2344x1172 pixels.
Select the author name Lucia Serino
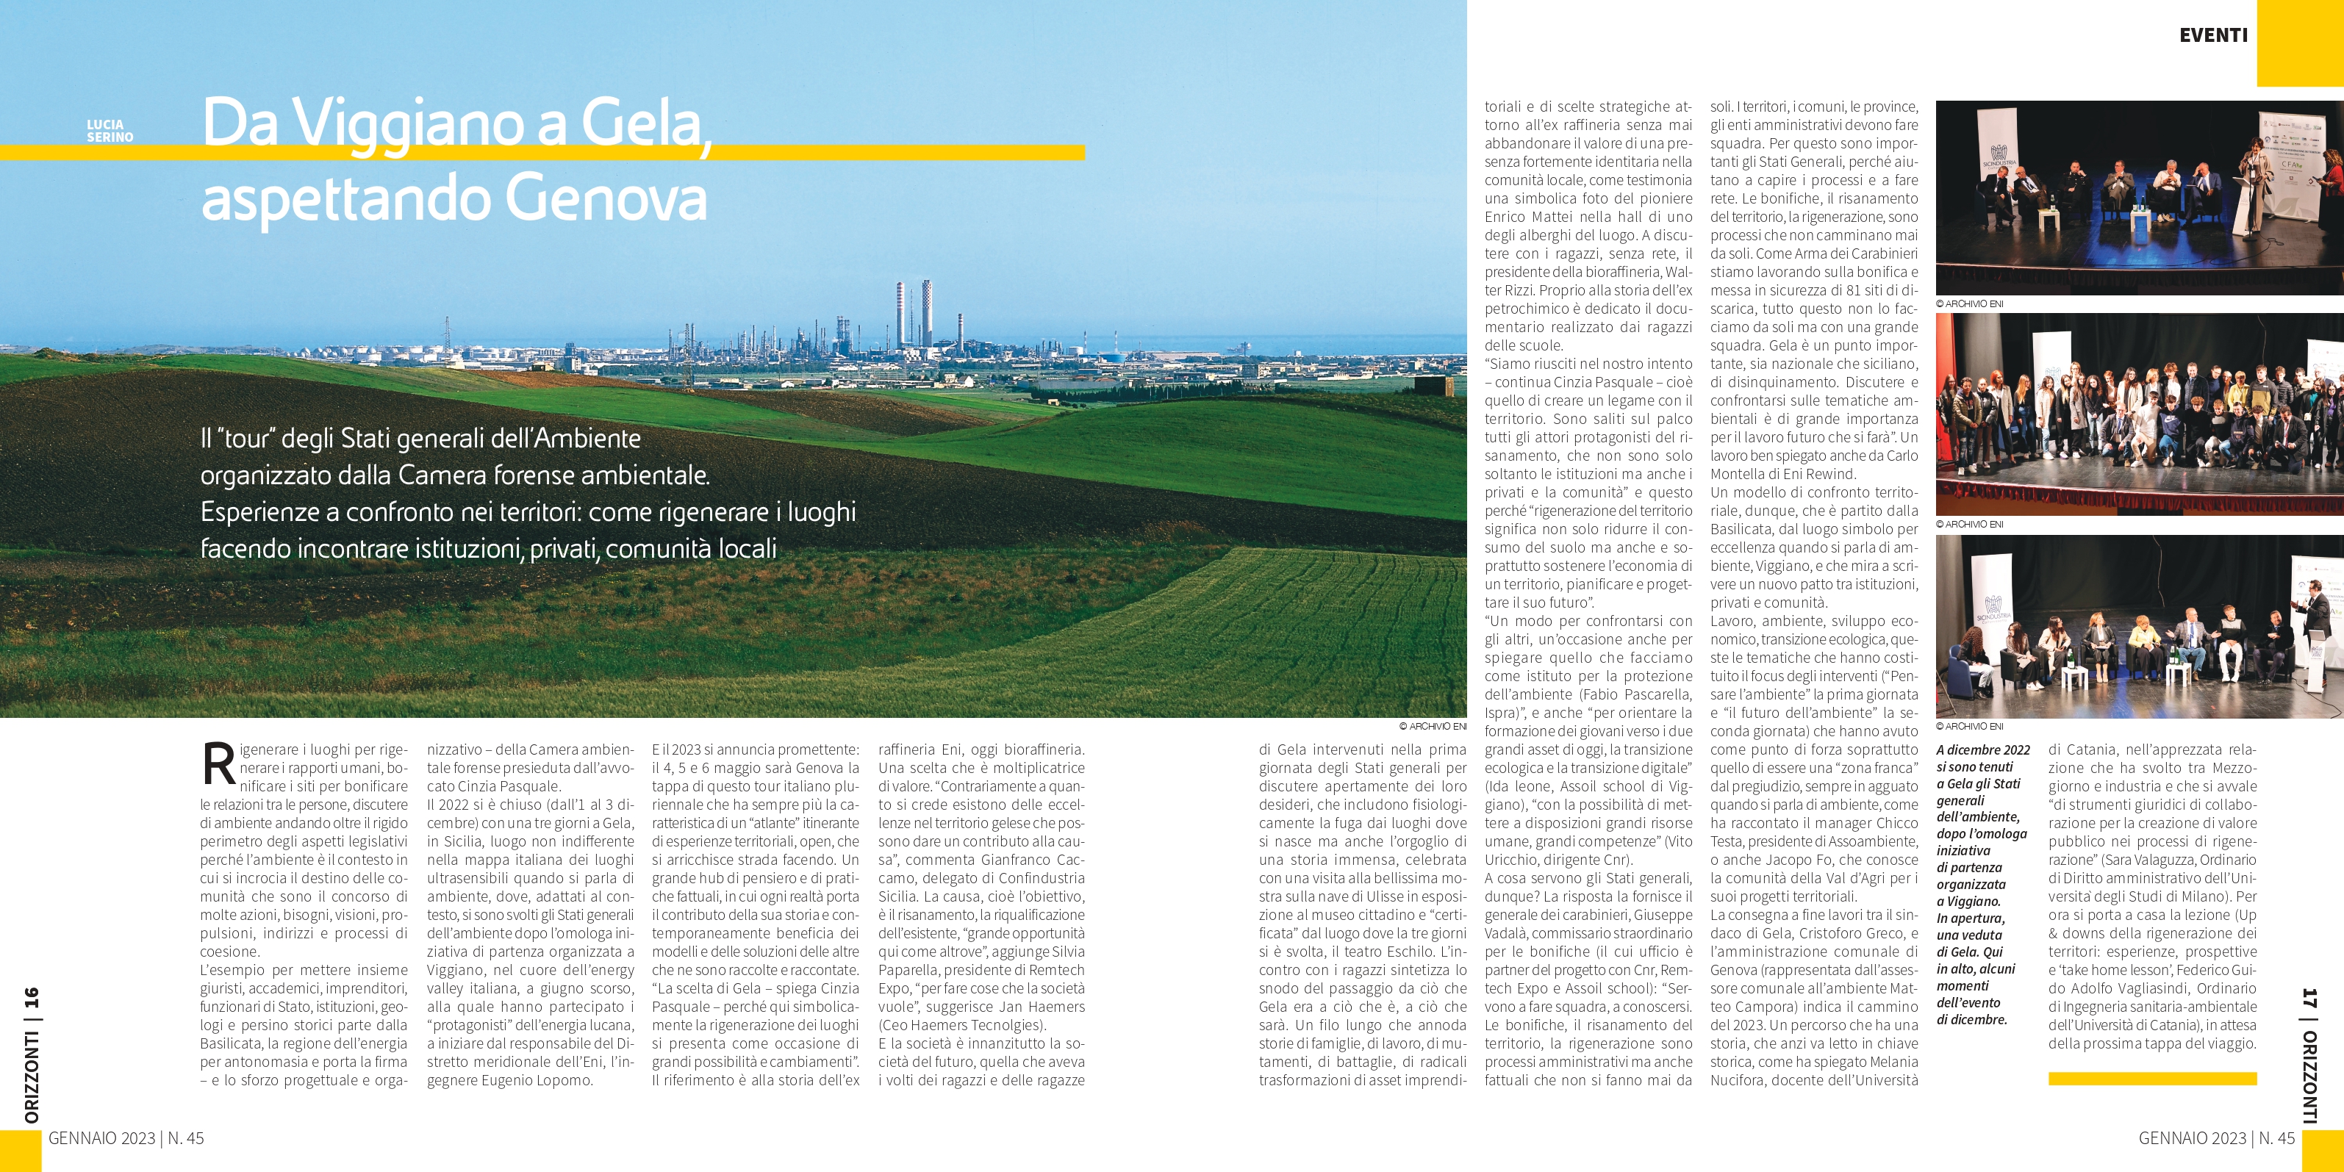coord(110,131)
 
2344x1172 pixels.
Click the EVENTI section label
coord(2213,35)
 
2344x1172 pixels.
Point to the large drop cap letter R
coord(218,764)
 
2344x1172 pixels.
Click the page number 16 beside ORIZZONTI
coord(32,997)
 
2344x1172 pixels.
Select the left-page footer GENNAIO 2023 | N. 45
coord(126,1138)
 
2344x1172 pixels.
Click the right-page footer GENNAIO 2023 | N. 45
coord(2217,1138)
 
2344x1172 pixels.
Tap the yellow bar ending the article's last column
coord(2152,1078)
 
